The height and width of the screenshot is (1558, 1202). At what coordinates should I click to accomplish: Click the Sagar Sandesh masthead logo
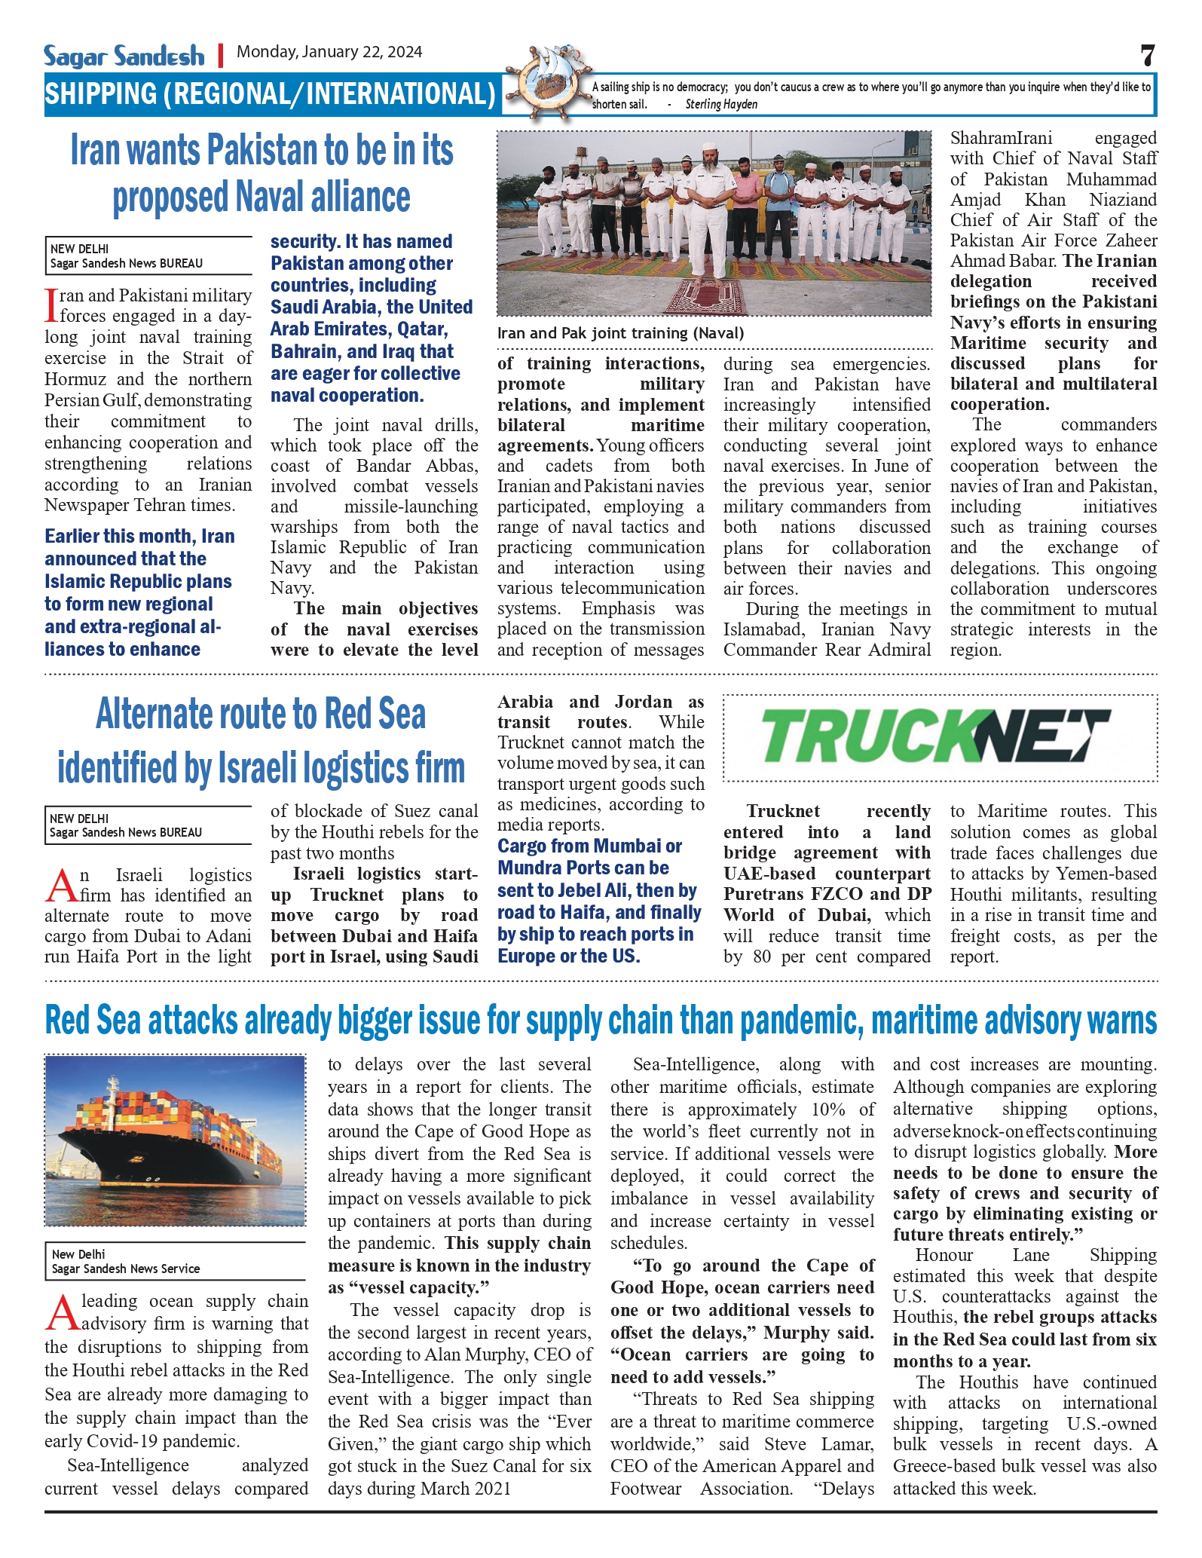(x=124, y=56)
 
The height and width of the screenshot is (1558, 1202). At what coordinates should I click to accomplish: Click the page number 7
(x=1147, y=56)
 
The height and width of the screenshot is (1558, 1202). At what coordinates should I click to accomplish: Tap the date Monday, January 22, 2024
(x=329, y=52)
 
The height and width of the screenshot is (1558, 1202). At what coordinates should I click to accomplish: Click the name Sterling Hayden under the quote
(x=721, y=105)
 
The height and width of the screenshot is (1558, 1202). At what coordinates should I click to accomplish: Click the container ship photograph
(x=175, y=1140)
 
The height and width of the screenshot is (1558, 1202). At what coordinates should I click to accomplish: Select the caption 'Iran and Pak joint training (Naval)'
(x=620, y=333)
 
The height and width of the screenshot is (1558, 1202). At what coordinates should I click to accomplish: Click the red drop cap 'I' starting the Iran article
(x=51, y=305)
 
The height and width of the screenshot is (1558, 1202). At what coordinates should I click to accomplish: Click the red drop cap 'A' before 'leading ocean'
(x=62, y=1313)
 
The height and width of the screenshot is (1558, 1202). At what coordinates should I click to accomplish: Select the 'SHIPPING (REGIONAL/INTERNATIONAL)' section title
(x=270, y=94)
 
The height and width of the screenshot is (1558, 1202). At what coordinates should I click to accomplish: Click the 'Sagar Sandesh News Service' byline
(x=126, y=1269)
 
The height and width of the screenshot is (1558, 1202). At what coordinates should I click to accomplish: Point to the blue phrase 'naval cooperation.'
(x=347, y=396)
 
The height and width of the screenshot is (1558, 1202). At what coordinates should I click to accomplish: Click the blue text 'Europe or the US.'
(x=568, y=957)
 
